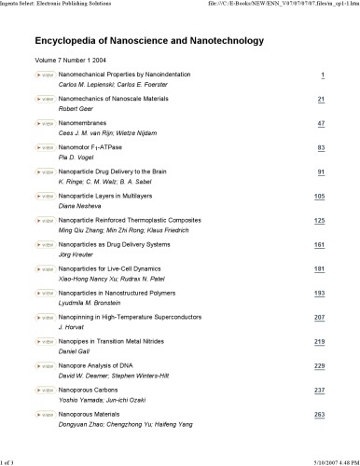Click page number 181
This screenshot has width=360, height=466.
pyautogui.click(x=319, y=268)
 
